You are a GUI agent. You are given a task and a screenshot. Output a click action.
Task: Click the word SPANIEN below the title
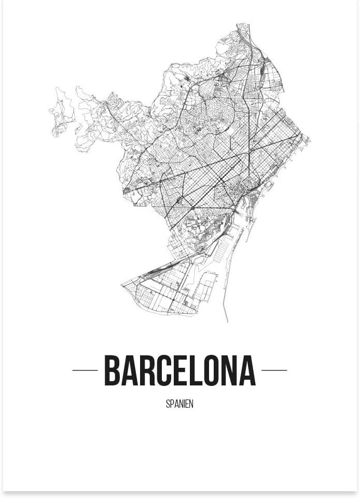179,404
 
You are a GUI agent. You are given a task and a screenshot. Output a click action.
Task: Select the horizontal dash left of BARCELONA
85,370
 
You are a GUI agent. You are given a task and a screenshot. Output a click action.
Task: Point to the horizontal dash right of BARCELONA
274,370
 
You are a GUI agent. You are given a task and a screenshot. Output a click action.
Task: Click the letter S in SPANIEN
168,404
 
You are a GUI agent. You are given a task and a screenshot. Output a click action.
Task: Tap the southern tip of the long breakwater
226,321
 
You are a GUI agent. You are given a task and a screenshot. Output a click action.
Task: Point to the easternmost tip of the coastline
309,139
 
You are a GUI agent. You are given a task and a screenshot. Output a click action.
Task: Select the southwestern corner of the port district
122,285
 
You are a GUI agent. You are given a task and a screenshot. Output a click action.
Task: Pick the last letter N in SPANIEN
191,404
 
